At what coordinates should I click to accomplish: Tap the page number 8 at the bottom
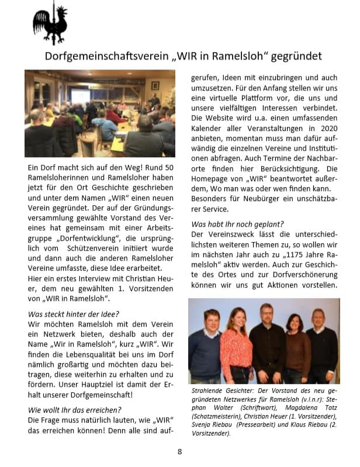180,451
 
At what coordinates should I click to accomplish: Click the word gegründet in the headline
295,56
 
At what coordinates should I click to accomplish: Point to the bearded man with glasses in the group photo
267,345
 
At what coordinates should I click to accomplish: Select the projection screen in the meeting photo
80,96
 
